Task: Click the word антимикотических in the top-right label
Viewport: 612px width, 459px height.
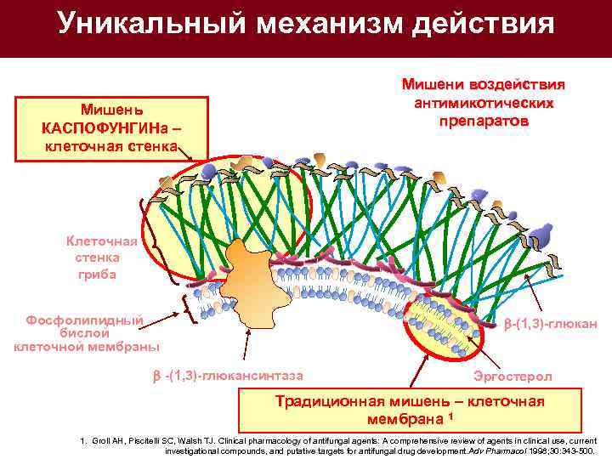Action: click(483, 103)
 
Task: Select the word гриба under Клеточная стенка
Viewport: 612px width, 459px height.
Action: click(98, 274)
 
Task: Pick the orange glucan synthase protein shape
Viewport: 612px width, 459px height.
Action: click(250, 277)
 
